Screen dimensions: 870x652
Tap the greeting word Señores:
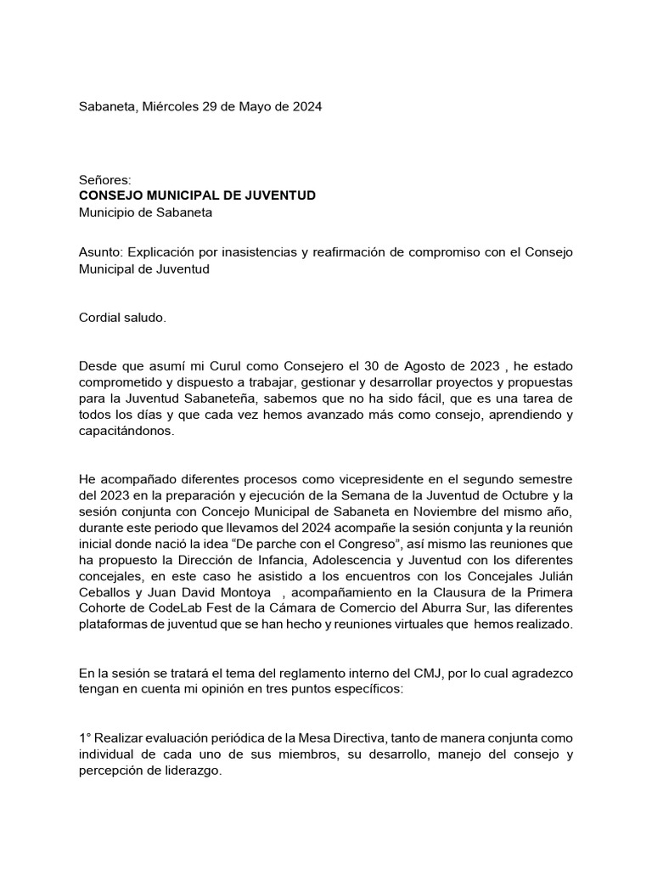tap(104, 179)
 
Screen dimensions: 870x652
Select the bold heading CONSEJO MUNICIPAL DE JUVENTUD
tap(197, 195)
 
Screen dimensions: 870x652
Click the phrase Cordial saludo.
tap(123, 318)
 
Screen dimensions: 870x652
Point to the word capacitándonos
tap(125, 431)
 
